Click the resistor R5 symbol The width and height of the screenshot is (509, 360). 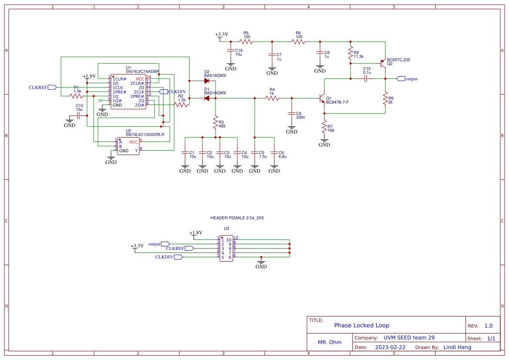tap(246, 42)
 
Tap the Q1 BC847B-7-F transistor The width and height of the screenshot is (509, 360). tap(322, 99)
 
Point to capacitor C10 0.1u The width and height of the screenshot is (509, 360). tap(367, 79)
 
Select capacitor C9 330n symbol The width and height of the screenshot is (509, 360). tap(292, 113)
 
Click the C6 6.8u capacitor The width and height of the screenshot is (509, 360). tap(274, 153)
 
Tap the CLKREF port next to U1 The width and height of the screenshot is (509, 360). tap(52, 87)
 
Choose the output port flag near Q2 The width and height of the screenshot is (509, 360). tap(401, 79)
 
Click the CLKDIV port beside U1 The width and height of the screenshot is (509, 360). tap(163, 91)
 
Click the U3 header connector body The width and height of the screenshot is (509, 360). tap(226, 249)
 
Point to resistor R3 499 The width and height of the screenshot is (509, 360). tap(215, 124)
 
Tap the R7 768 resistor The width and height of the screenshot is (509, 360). tap(324, 127)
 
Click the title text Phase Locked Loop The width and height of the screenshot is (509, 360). tap(361, 326)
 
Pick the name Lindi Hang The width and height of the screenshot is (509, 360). tap(457, 347)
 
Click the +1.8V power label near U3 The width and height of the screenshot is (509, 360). tap(196, 233)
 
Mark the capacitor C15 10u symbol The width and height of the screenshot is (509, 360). tap(79, 116)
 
